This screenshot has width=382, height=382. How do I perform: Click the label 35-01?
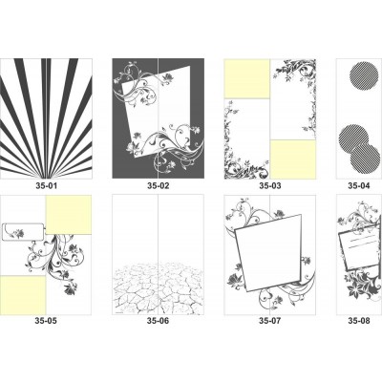tap(47, 185)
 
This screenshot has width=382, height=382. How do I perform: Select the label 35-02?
tap(159, 185)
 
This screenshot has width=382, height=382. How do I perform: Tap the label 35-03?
tap(270, 185)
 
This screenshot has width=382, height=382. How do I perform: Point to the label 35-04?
tap(359, 185)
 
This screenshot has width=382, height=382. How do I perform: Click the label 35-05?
tap(46, 321)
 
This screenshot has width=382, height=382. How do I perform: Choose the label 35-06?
tap(159, 321)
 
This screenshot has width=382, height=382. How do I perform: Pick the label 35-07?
tap(270, 321)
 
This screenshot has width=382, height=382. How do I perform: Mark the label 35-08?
tap(359, 321)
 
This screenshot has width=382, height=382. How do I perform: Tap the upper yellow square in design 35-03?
tap(247, 79)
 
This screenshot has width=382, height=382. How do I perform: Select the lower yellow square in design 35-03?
tap(293, 159)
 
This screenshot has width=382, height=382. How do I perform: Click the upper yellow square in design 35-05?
tap(69, 215)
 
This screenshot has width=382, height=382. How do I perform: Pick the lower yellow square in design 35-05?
tap(23, 295)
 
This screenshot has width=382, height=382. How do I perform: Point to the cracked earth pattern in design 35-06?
tap(159, 288)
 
